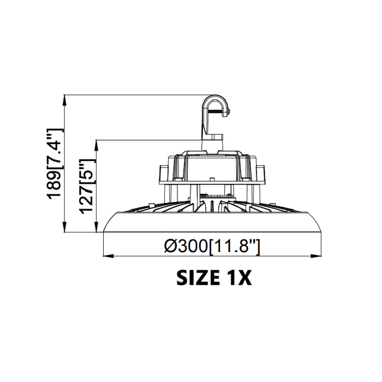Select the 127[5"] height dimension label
pos(87,186)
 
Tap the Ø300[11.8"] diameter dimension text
pos(212,247)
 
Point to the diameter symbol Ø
pos(170,247)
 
